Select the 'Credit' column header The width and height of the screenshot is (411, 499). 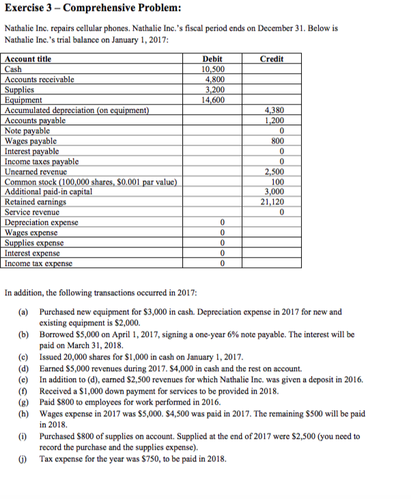272,59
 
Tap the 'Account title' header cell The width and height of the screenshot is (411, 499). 28,59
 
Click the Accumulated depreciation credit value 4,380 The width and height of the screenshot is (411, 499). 272,110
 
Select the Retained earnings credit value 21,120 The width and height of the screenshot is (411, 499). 272,202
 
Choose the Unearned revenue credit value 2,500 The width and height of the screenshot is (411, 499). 272,172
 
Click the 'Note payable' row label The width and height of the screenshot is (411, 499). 27,131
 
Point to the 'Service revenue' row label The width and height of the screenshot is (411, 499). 32,213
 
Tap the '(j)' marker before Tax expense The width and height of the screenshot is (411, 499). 24,458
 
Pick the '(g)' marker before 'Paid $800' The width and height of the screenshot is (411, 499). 24,402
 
